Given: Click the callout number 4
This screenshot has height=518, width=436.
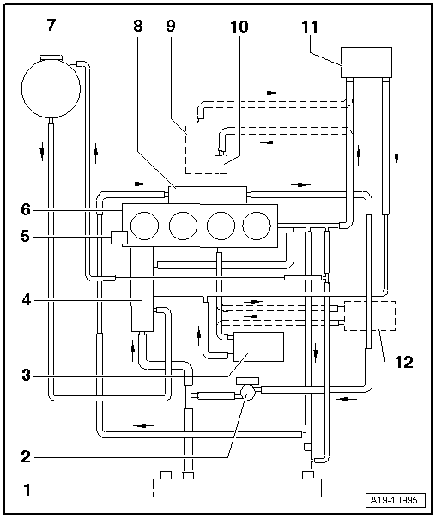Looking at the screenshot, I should (27, 299).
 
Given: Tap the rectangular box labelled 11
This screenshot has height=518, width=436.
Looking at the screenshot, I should (366, 62).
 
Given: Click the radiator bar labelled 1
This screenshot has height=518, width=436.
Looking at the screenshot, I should (237, 488).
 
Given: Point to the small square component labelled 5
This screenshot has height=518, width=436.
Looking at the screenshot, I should (119, 237).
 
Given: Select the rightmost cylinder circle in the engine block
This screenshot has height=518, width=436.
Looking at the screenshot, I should (256, 226).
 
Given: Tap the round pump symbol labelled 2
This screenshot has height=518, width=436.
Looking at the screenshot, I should (249, 392).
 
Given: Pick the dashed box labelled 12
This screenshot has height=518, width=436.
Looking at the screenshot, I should (369, 316).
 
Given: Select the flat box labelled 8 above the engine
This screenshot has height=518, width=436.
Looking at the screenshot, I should (208, 194).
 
